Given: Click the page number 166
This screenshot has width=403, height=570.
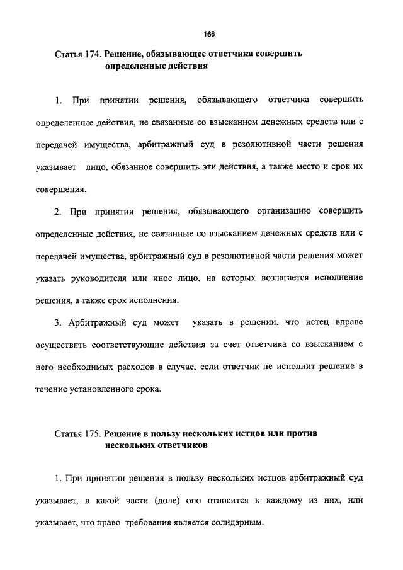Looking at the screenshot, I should (210, 34).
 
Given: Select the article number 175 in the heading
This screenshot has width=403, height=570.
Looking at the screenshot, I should (89, 434).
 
